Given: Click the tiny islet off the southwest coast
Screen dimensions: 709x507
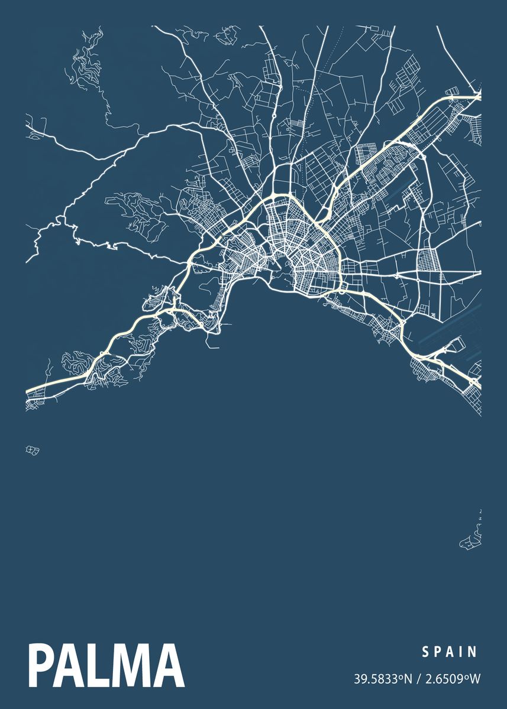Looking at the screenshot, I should point(33,450).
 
